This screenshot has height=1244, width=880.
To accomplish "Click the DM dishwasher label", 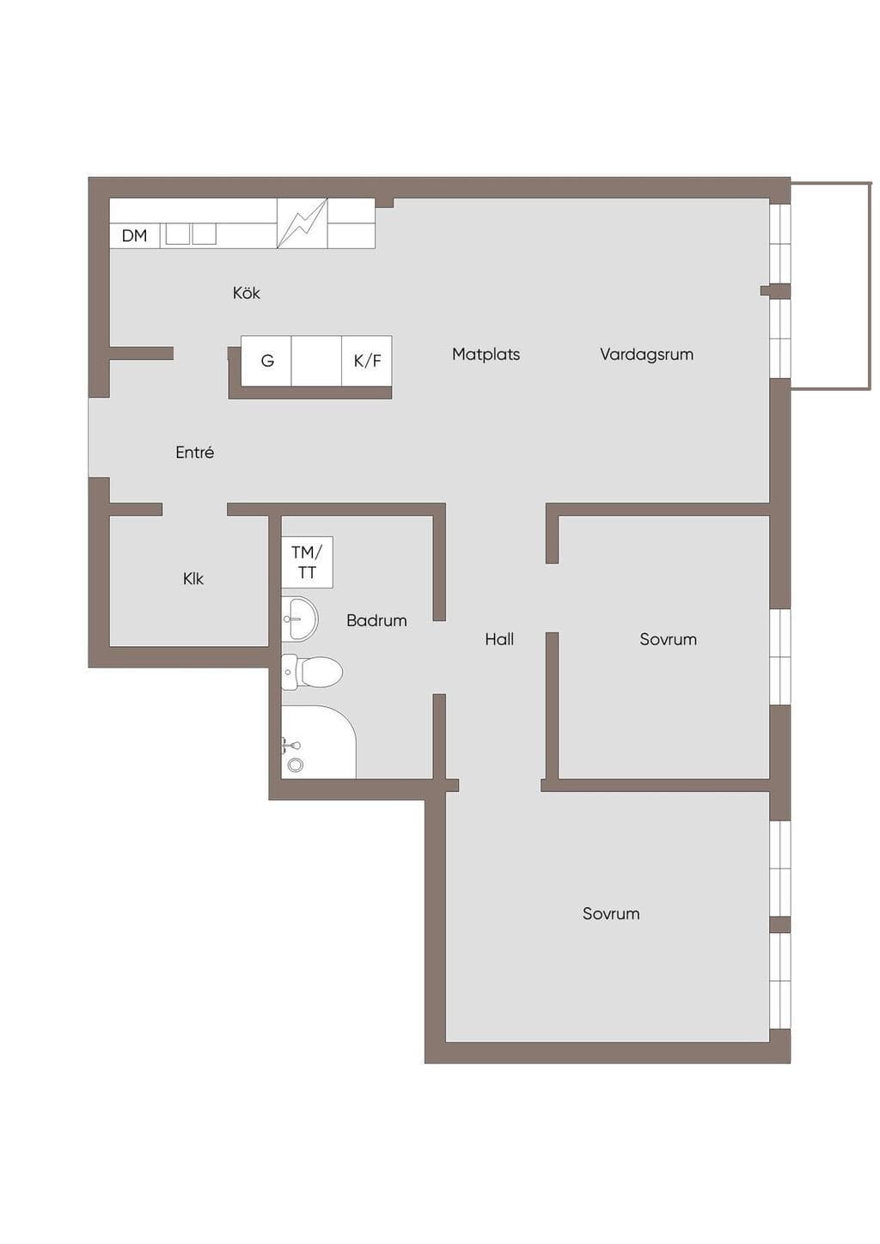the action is [134, 236].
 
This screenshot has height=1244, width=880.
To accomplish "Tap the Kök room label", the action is [246, 293].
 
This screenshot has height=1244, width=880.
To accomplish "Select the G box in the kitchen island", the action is [266, 361].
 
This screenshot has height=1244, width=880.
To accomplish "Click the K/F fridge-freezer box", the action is [367, 361].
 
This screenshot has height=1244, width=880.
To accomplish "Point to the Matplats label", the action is [486, 354].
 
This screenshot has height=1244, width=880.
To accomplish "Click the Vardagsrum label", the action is [646, 354].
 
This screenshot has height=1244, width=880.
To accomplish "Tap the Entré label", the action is [194, 452].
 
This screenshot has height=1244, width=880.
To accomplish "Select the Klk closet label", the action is [193, 579].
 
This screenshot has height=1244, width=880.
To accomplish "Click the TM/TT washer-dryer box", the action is [307, 562].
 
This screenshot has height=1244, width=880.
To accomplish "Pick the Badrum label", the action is [376, 620].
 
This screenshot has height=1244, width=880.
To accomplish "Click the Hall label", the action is [499, 639].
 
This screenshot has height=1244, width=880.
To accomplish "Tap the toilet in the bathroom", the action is [312, 672].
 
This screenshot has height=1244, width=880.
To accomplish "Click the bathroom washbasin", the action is [299, 619].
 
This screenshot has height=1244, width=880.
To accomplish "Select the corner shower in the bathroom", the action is [319, 741].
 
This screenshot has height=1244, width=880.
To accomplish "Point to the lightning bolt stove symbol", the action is [302, 223].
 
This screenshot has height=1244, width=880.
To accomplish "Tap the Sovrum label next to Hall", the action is [668, 639].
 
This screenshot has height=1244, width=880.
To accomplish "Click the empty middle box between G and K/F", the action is [316, 361].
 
